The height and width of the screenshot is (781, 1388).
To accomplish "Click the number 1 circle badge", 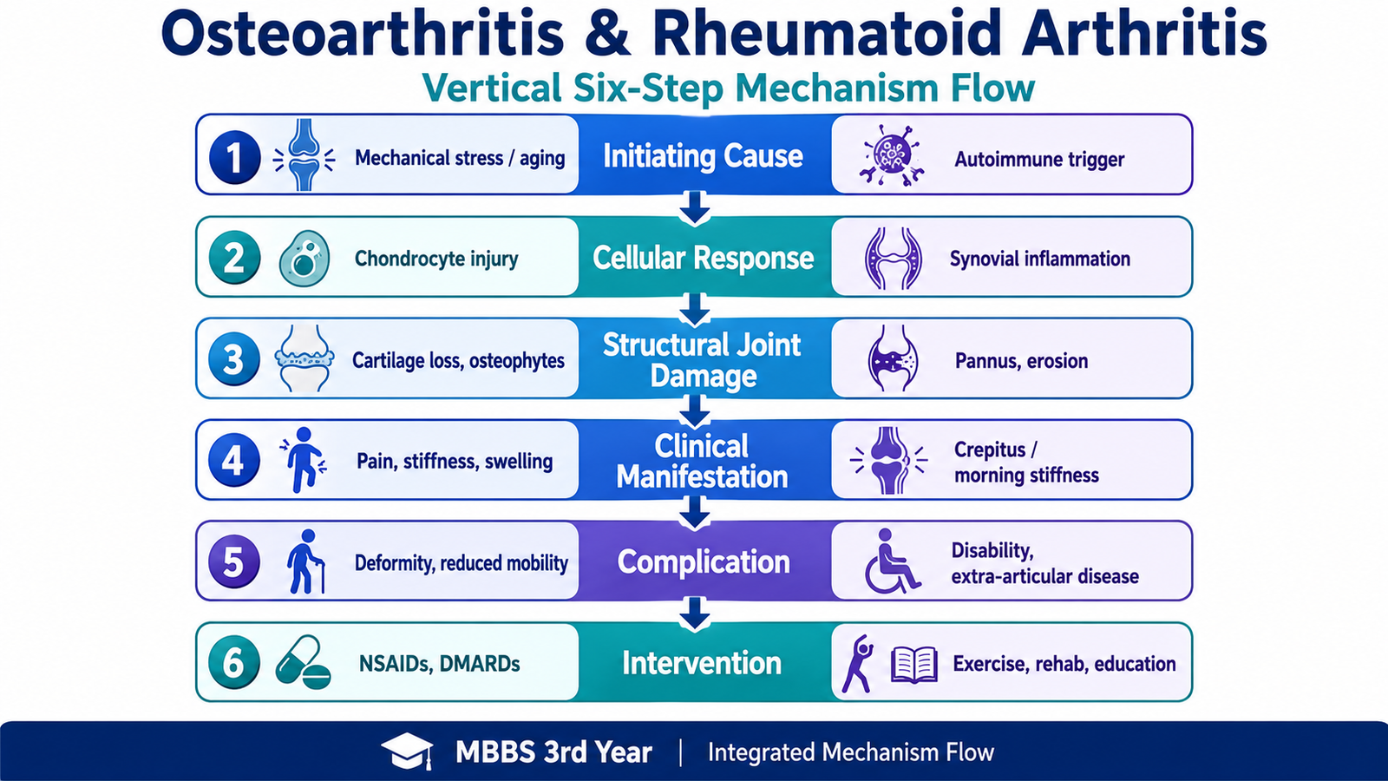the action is (234, 157).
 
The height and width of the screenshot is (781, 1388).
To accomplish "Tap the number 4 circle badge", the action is (233, 460).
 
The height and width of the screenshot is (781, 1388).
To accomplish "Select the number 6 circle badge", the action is (233, 663).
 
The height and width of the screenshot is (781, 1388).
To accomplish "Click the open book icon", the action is (914, 665).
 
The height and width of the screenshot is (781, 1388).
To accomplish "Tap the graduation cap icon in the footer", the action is (407, 751).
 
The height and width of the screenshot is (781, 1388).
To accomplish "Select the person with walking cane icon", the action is (304, 561).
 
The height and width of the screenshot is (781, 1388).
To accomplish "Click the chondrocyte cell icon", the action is (304, 259).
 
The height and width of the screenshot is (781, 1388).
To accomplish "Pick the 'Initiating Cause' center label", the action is (703, 155).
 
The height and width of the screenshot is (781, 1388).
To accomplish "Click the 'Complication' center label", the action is (704, 561).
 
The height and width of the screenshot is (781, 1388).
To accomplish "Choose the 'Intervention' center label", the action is (702, 663).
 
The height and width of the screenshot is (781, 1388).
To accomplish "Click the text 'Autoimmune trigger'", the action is (1039, 160).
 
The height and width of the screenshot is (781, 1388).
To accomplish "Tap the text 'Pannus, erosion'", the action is (1021, 361).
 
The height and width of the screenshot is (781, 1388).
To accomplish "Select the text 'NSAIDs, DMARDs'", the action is (439, 664).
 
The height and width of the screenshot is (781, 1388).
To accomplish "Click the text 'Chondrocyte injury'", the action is (436, 259).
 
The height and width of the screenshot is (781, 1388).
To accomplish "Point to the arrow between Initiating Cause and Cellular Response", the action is (695, 207).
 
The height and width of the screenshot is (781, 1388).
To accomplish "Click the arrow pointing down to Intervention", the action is (695, 614).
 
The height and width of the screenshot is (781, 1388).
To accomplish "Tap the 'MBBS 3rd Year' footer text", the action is (553, 752).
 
